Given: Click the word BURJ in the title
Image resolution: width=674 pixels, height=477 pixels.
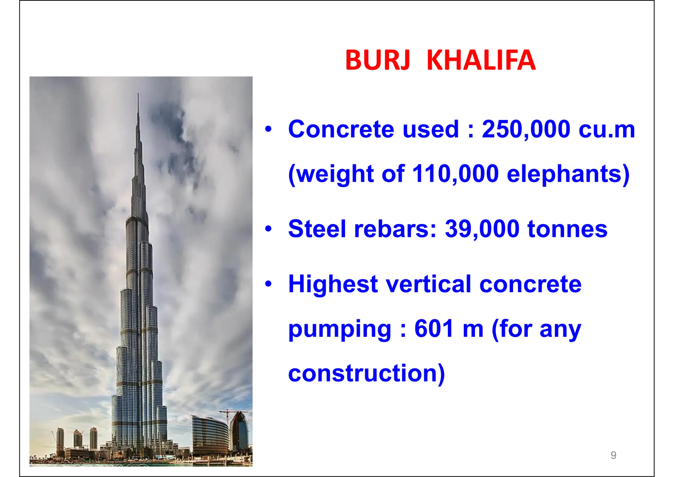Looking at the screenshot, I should pyautogui.click(x=377, y=60).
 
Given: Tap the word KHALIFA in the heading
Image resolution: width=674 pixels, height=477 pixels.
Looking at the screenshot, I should pyautogui.click(x=481, y=60).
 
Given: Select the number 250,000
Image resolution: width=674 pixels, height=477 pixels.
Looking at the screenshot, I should pyautogui.click(x=526, y=129).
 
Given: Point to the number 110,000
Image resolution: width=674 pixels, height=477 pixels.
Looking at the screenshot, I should pyautogui.click(x=455, y=174).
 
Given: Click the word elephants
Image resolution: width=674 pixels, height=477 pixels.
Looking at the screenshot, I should pyautogui.click(x=568, y=174).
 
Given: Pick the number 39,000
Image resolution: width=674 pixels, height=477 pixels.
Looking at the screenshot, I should pyautogui.click(x=482, y=229).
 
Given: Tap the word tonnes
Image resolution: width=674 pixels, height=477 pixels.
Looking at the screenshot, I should pyautogui.click(x=567, y=229).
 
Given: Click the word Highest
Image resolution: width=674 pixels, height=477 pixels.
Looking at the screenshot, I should pyautogui.click(x=333, y=285).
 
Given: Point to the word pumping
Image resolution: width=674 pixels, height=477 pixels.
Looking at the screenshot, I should pyautogui.click(x=340, y=330).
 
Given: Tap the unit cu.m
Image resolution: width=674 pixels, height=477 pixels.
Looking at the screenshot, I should pyautogui.click(x=607, y=129).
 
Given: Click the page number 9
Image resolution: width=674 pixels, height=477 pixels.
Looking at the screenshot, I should pyautogui.click(x=613, y=455).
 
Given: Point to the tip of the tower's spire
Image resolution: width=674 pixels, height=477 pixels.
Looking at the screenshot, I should pyautogui.click(x=138, y=94).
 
